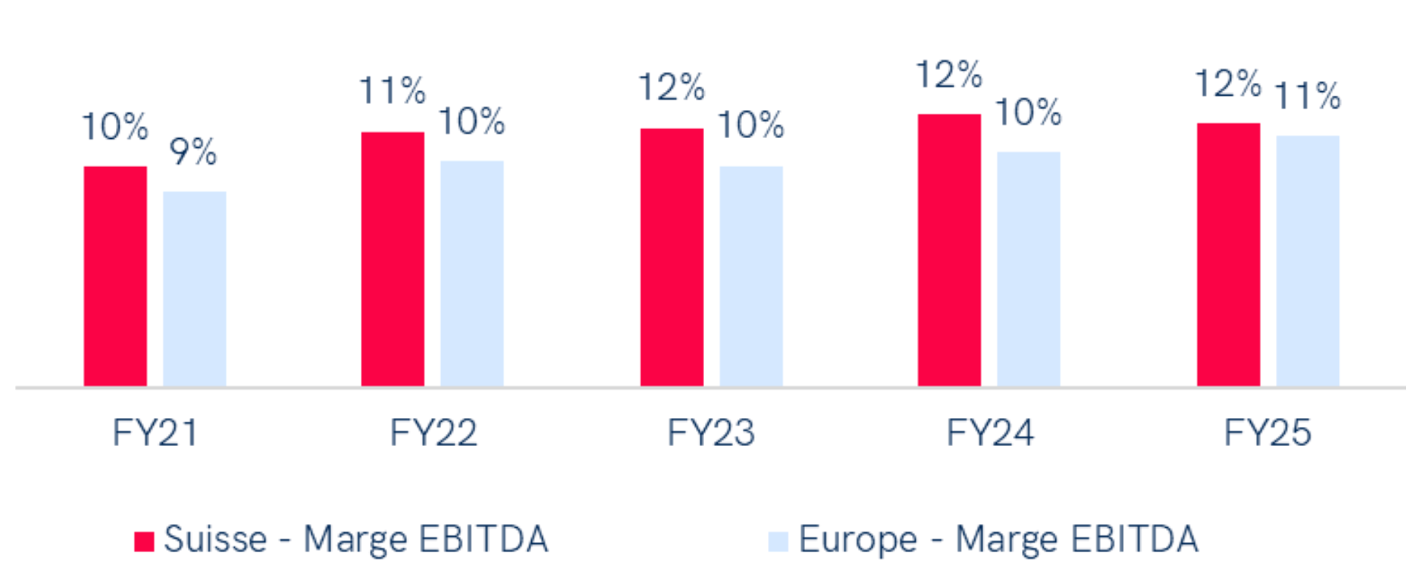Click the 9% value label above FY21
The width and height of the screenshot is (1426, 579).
[193, 152]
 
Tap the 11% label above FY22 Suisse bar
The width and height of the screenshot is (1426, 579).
[393, 91]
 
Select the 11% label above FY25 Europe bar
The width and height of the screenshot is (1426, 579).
[1308, 96]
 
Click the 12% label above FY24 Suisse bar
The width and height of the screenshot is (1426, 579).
[949, 75]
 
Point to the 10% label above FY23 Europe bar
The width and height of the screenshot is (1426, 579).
[751, 125]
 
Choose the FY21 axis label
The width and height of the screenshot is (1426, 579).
[154, 433]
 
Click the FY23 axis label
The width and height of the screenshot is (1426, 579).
[711, 433]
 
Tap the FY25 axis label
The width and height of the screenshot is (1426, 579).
[1268, 433]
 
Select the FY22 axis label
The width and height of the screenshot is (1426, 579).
[433, 433]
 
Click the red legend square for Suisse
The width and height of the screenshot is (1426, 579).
[144, 541]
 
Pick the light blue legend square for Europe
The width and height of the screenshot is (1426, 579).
[778, 541]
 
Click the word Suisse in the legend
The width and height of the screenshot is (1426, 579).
[215, 540]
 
